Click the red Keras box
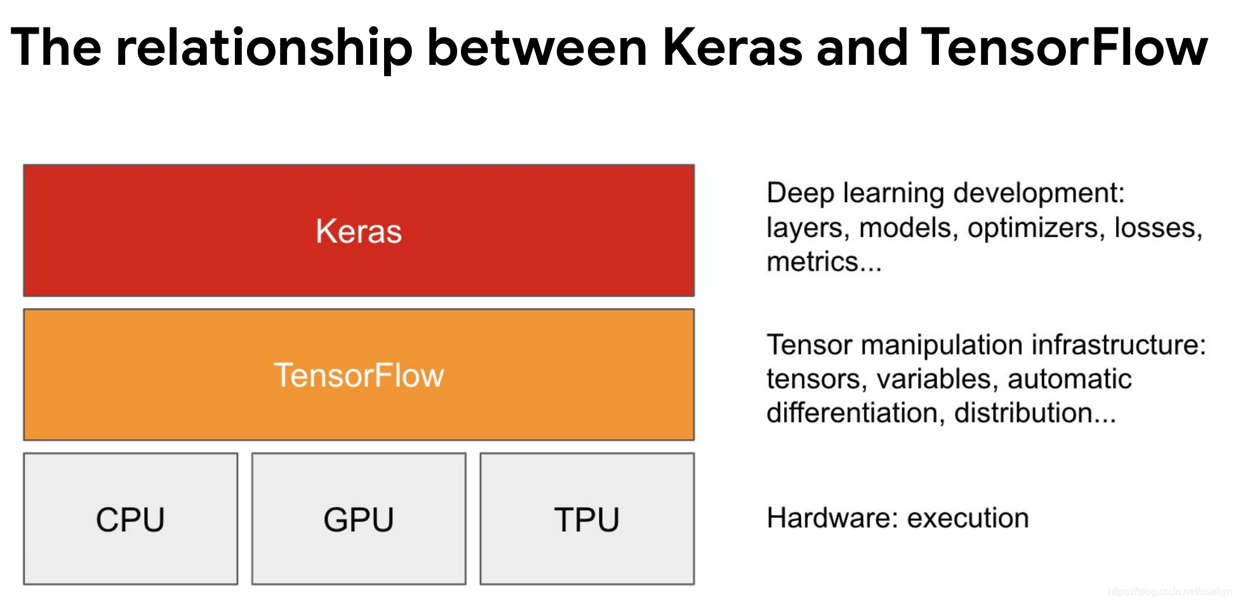(359, 231)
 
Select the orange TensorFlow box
(359, 375)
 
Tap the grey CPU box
(131, 519)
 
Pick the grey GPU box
(359, 519)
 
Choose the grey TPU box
(587, 519)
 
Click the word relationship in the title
(264, 48)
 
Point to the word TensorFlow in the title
(1064, 48)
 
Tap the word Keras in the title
(733, 48)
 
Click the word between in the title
(537, 48)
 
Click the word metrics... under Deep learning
(824, 262)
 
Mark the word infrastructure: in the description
(1119, 345)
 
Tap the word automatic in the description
(1069, 379)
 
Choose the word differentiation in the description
(851, 413)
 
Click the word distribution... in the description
(1035, 413)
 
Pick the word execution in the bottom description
(968, 518)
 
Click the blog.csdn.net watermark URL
(1169, 592)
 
